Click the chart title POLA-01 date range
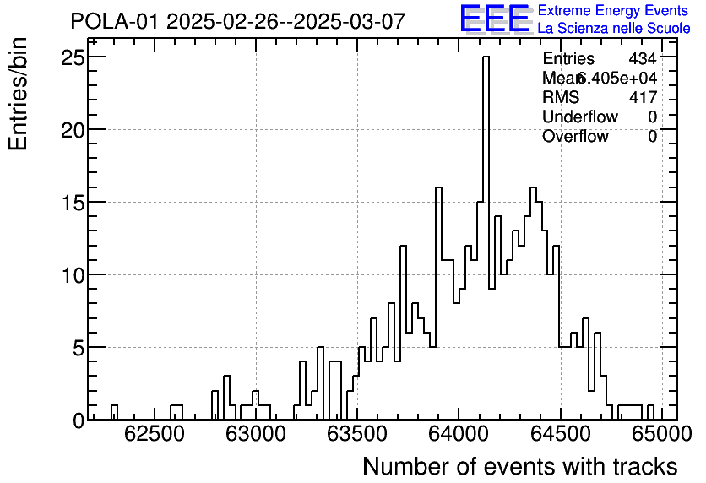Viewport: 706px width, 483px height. point(237,21)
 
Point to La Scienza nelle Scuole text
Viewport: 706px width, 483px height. point(613,29)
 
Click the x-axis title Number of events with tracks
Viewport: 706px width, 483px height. point(519,466)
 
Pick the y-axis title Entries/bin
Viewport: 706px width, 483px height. point(19,94)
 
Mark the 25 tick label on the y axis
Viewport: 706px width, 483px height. point(73,57)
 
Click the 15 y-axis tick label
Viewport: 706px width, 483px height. point(73,203)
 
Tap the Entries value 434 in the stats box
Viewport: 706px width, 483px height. point(643,59)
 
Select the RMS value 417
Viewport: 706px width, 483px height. point(643,98)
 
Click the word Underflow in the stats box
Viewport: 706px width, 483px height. point(580,117)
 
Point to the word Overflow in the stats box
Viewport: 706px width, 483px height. point(575,137)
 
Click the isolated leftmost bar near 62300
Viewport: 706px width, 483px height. point(114,413)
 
